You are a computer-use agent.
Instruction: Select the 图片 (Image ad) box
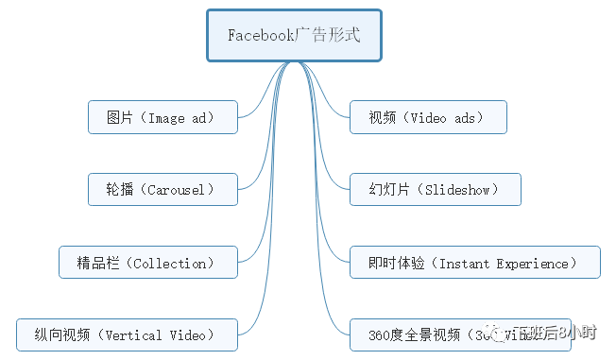coord(163,118)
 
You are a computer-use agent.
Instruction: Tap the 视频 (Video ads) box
coord(427,118)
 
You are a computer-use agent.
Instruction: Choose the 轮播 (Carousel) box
coord(163,190)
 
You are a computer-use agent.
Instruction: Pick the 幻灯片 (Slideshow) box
coord(435,190)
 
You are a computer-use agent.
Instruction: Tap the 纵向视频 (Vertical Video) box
coord(126,334)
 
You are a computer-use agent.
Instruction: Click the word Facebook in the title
coord(260,36)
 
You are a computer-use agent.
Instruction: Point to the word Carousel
coord(178,190)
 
